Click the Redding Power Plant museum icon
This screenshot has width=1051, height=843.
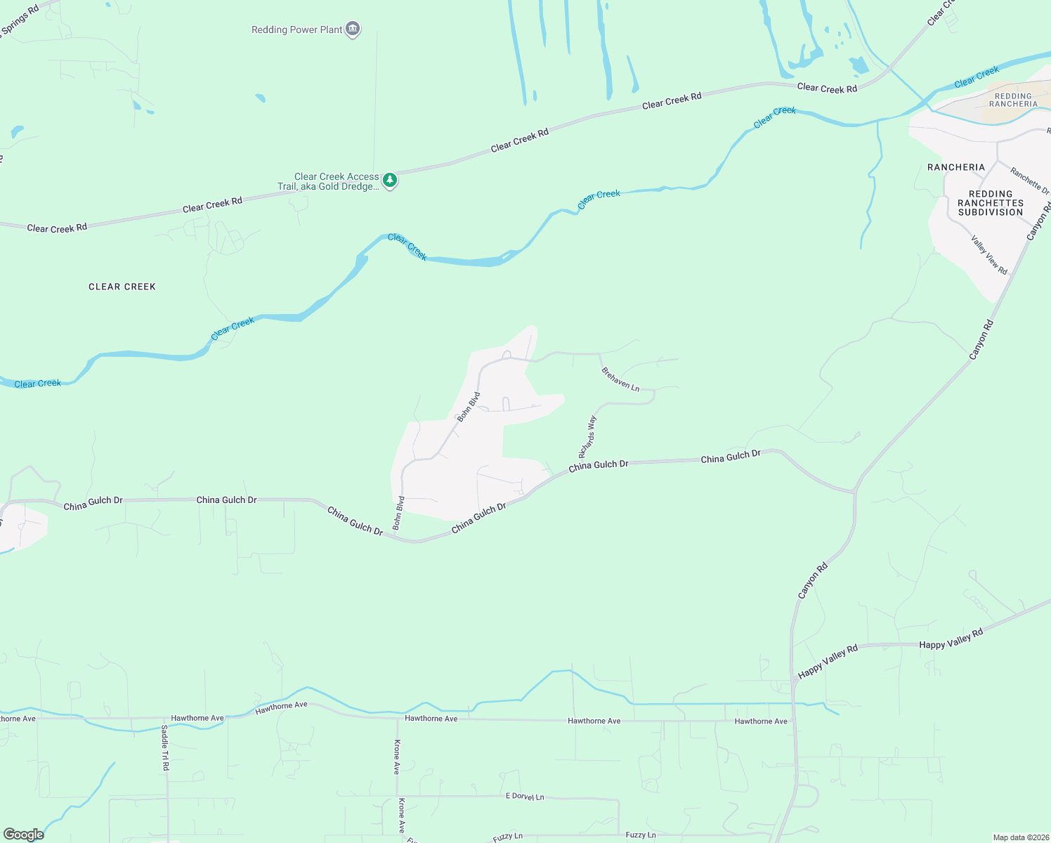coord(353,30)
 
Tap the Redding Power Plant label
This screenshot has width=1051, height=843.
coord(297,30)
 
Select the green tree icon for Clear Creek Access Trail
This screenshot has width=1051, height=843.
coord(390,181)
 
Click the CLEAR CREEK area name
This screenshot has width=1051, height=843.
coord(122,287)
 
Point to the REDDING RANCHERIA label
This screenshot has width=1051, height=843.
coord(1013,100)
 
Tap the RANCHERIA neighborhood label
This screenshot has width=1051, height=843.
coord(956,167)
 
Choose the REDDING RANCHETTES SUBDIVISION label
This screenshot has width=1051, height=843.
coord(991,203)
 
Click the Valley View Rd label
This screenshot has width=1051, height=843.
coord(989,255)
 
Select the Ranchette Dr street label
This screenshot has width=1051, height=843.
coord(1030,181)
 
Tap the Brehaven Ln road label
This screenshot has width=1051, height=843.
coord(621,379)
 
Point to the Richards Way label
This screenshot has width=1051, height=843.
coord(587,436)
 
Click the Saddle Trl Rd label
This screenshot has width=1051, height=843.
coord(165,747)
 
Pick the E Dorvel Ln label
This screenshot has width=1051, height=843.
coord(525,797)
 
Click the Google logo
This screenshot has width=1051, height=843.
coord(23,835)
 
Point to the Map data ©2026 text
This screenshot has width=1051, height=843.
coord(1021,837)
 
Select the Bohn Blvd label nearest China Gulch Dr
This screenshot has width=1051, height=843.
coord(398,513)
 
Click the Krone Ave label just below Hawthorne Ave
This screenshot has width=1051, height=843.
coord(397,757)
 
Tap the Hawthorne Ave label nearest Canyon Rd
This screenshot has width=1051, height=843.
coord(761,721)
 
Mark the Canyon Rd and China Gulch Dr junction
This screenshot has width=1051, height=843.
coord(855,492)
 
